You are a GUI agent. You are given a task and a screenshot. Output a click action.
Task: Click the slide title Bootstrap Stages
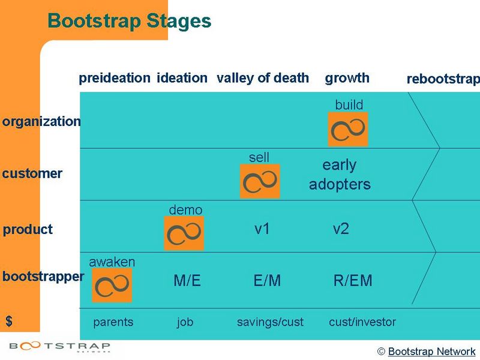129,21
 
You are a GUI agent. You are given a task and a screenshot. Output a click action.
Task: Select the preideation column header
115,78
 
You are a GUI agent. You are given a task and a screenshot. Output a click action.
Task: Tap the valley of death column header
263,78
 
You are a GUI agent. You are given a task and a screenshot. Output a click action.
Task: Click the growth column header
347,78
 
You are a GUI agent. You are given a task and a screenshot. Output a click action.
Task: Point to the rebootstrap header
443,79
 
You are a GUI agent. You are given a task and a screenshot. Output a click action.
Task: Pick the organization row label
41,121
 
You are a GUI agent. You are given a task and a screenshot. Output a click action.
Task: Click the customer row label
32,174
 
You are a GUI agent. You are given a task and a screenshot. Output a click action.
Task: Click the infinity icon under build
348,129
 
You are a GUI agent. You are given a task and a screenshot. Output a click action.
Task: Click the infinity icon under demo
184,233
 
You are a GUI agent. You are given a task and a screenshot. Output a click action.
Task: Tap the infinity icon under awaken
112,285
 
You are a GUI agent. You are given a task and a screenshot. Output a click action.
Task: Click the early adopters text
340,175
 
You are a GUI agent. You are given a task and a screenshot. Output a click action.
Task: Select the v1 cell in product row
262,229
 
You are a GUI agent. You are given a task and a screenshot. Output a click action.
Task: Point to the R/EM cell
353,281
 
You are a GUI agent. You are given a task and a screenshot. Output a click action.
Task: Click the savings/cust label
270,322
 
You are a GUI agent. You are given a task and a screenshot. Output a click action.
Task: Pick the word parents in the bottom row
113,322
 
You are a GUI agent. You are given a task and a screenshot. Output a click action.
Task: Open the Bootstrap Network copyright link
431,352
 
